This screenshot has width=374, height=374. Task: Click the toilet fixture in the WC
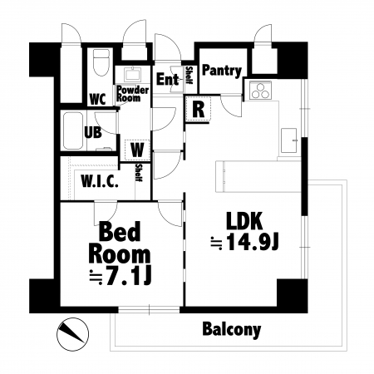(101, 62)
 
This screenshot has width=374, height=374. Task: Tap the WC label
(98, 99)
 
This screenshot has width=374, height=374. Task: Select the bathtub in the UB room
(73, 130)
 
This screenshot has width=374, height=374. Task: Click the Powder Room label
(132, 94)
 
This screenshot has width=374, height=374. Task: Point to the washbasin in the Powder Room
(132, 74)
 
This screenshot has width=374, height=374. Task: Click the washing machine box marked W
(137, 150)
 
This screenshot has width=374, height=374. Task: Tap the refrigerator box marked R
(199, 109)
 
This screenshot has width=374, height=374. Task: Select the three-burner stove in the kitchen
(261, 90)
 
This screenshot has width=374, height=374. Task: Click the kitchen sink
(289, 140)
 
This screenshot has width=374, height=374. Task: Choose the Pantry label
(222, 71)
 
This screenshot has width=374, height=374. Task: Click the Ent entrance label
(167, 79)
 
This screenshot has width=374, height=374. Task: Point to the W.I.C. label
(100, 181)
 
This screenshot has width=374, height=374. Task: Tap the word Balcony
(232, 329)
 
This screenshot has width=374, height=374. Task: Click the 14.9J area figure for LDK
(252, 242)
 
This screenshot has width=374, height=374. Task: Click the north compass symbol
(72, 333)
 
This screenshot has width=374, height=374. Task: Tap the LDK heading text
(244, 221)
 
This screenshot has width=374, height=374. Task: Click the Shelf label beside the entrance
(189, 75)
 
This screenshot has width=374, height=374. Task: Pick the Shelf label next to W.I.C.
(139, 173)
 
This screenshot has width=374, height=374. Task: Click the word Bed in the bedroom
(120, 232)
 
